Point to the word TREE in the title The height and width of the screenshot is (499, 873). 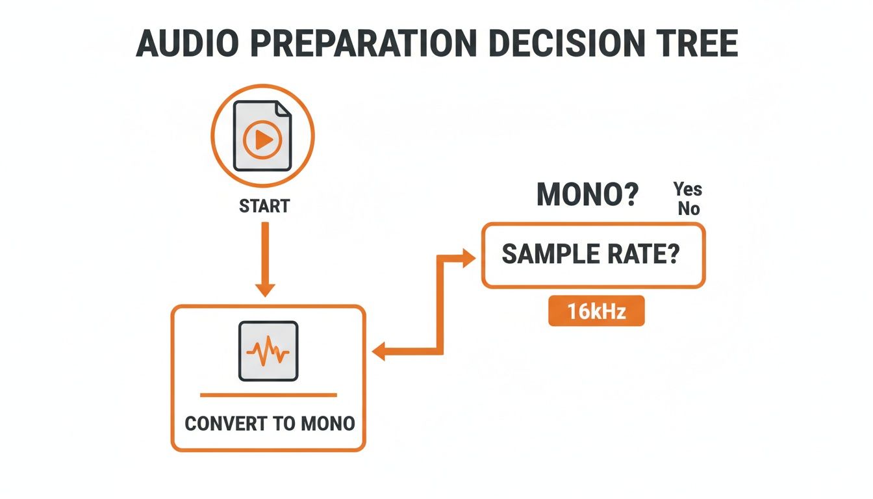tap(698, 44)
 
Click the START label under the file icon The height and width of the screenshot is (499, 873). tap(264, 207)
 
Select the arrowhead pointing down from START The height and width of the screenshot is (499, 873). tap(264, 288)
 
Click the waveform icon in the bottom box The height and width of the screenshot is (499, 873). tap(268, 351)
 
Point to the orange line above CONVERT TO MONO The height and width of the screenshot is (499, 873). tap(268, 394)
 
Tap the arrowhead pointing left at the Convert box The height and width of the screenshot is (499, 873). tap(381, 353)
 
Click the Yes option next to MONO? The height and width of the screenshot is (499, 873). tap(688, 189)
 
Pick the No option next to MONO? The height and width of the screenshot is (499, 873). tap(688, 209)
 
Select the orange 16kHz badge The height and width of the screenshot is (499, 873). tap(596, 311)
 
